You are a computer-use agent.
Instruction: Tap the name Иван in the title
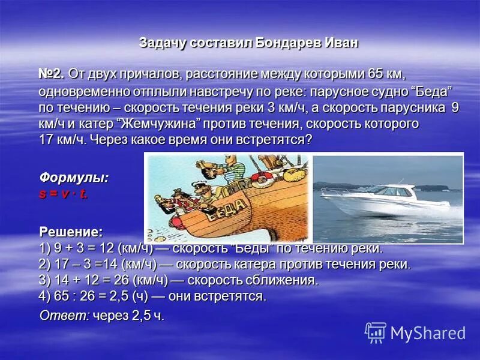pyautogui.click(x=341, y=43)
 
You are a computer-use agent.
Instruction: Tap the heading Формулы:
pyautogui.click(x=74, y=178)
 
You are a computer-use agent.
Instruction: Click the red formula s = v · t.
pyautogui.click(x=64, y=193)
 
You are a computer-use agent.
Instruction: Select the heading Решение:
pyautogui.click(x=70, y=232)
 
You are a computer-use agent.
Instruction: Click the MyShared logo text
pyautogui.click(x=428, y=333)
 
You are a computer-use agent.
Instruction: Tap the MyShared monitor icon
pyautogui.click(x=376, y=332)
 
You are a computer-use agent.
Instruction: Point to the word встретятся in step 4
pyautogui.click(x=235, y=296)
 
